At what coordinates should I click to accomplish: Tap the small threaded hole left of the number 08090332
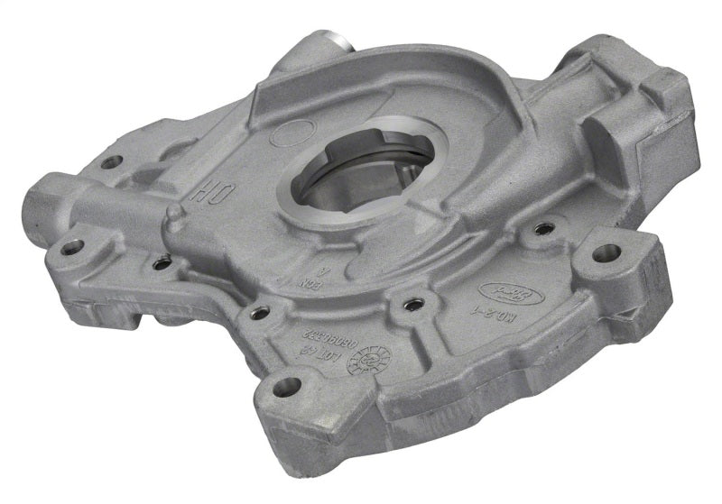(260, 313)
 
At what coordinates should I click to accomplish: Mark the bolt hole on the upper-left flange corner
(111, 162)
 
